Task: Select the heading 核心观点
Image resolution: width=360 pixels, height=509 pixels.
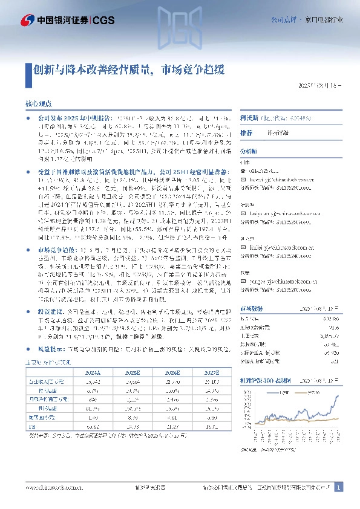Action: pyautogui.click(x=38, y=103)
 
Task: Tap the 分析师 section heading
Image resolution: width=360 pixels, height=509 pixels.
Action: pyautogui.click(x=249, y=151)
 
